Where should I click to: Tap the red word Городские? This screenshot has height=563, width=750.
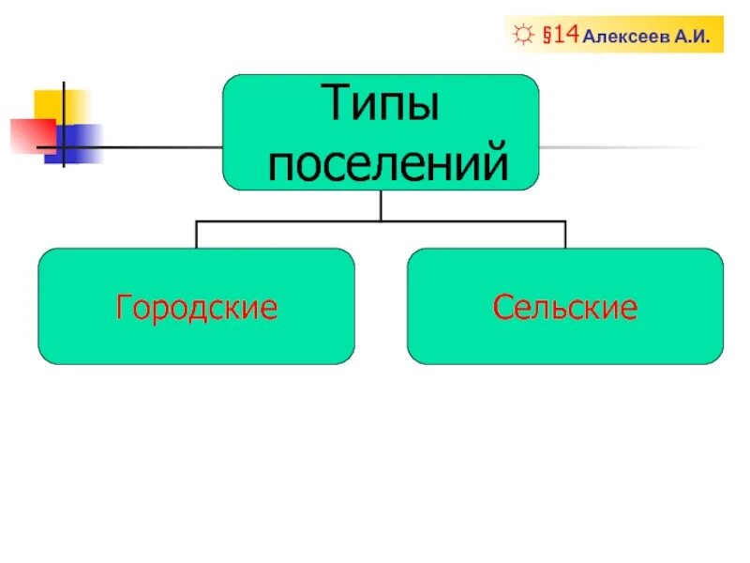point(196,307)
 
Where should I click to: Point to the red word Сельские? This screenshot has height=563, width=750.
point(565,307)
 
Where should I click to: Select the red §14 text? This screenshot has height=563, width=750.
point(559,36)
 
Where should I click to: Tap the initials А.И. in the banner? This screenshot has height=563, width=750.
point(695,38)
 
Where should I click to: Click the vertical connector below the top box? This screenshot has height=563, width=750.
point(381,205)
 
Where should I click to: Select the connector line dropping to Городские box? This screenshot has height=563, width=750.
point(196,235)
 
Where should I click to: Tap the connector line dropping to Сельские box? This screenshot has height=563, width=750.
point(565,235)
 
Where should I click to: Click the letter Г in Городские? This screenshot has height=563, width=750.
point(123,307)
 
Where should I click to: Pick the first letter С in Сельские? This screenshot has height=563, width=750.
point(502,307)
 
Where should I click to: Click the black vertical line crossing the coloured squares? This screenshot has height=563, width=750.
point(63,124)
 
